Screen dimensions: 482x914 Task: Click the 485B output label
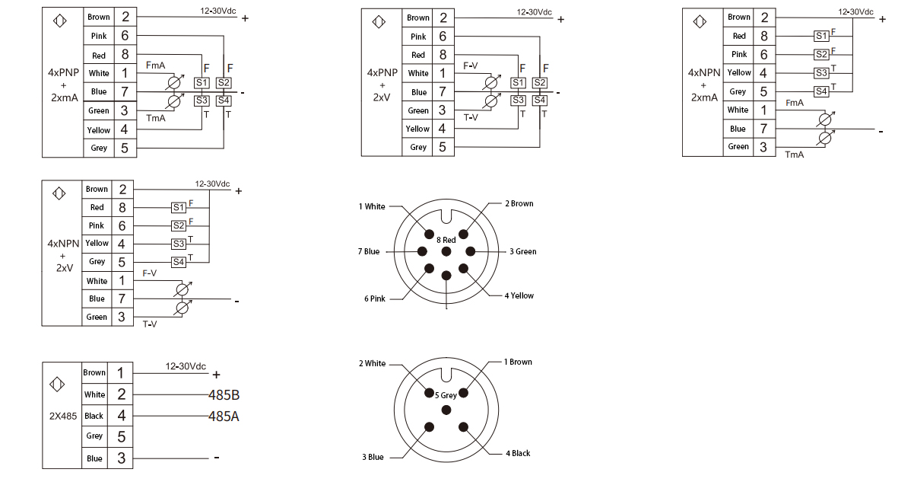tap(224, 396)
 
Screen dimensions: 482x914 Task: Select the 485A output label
tap(224, 416)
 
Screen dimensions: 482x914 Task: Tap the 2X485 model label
tap(62, 417)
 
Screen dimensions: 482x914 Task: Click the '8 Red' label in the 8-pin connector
tap(446, 240)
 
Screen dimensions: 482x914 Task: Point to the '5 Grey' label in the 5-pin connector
tap(446, 395)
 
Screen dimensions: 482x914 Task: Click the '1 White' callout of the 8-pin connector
tap(372, 206)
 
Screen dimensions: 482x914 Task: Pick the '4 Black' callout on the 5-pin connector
tap(518, 453)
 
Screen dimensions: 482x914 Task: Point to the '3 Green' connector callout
tap(522, 251)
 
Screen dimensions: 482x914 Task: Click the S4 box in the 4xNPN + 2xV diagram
tap(179, 262)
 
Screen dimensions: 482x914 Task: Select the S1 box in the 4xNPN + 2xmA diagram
tap(820, 36)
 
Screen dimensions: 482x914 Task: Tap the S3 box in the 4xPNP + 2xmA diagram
tap(202, 100)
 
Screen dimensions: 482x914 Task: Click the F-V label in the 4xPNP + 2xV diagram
tap(471, 66)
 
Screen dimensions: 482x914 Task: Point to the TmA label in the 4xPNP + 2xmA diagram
tap(155, 118)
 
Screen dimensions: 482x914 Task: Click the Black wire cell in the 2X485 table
tap(94, 416)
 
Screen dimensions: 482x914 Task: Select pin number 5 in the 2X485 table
tap(121, 436)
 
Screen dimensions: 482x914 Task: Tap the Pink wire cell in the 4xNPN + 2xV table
tap(97, 225)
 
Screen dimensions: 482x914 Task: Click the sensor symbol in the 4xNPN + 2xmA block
tap(699, 21)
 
